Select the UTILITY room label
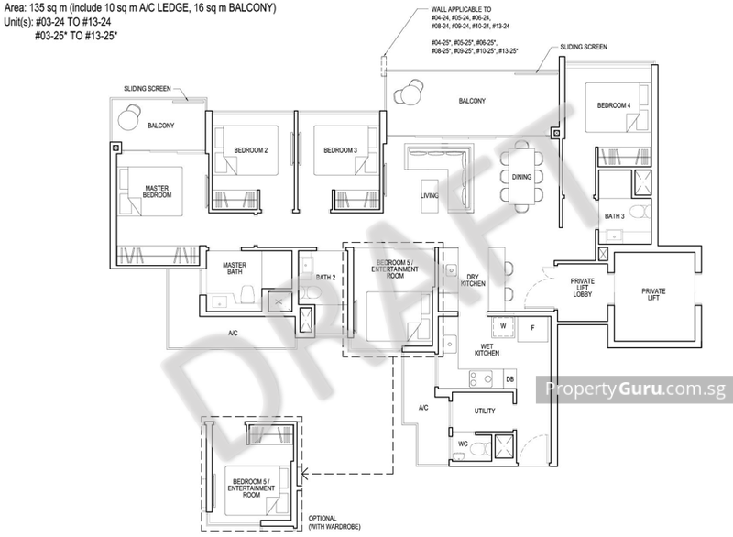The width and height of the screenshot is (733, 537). [484, 413]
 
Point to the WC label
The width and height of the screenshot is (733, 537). [463, 445]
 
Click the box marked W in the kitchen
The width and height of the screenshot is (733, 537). [503, 324]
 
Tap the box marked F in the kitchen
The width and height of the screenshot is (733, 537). [532, 324]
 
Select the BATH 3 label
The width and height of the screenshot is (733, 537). [614, 216]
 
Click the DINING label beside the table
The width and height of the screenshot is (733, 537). [521, 177]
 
